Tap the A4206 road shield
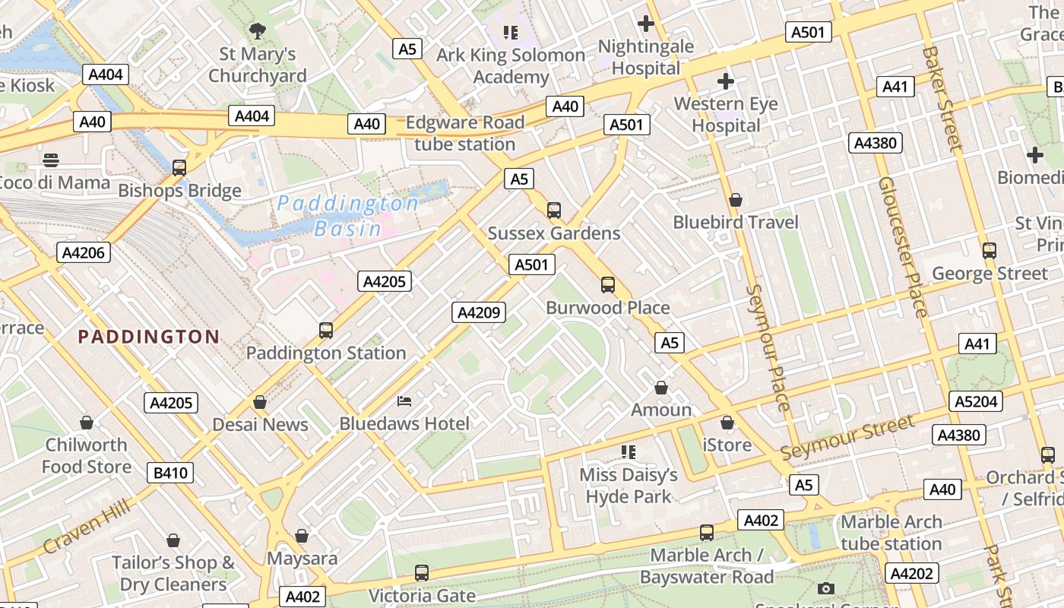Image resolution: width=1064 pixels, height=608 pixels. pyautogui.click(x=84, y=253)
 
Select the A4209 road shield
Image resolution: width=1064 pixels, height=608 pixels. pyautogui.click(x=479, y=312)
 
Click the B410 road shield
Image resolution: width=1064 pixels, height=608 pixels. pyautogui.click(x=170, y=473)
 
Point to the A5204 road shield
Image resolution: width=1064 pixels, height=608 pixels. pyautogui.click(x=976, y=401)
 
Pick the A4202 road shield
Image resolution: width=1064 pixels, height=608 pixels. pyautogui.click(x=911, y=573)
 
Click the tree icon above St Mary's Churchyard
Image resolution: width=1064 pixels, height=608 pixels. pyautogui.click(x=258, y=31)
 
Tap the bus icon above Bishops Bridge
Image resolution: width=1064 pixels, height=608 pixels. pyautogui.click(x=179, y=168)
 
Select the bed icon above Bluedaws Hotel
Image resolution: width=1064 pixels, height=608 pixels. pyautogui.click(x=404, y=401)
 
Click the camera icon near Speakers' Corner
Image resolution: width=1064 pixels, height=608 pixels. pyautogui.click(x=826, y=588)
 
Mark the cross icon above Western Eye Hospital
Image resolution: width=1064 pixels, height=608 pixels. pyautogui.click(x=726, y=81)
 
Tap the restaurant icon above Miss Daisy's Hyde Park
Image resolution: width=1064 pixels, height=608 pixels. pyautogui.click(x=628, y=452)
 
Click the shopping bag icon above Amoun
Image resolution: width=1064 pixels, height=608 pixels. pyautogui.click(x=661, y=388)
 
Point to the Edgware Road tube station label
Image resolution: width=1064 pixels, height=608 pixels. pyautogui.click(x=465, y=133)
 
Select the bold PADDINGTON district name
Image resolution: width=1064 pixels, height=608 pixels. pyautogui.click(x=149, y=337)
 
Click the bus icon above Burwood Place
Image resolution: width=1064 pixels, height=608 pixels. pyautogui.click(x=608, y=285)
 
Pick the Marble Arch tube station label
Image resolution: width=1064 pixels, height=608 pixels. pyautogui.click(x=891, y=533)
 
